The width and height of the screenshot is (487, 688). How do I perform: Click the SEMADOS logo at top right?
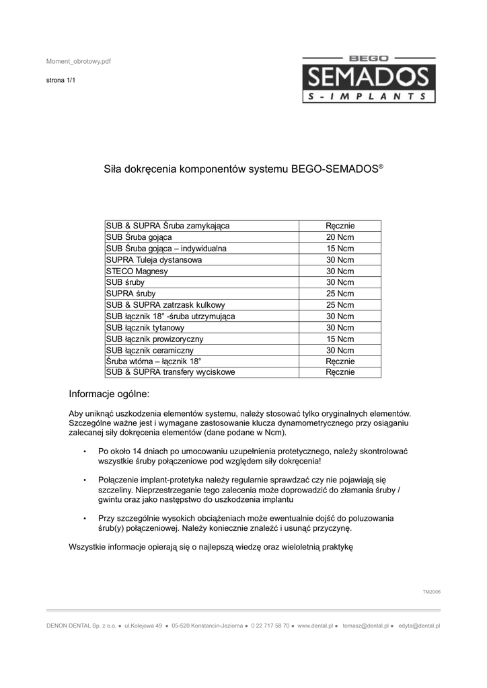click(367, 79)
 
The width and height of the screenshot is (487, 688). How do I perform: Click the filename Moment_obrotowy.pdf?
click(78, 61)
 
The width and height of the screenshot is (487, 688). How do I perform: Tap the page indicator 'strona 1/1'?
click(61, 80)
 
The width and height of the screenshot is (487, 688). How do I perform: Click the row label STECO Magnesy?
click(137, 271)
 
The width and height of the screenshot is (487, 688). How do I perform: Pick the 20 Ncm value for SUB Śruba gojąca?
click(340, 237)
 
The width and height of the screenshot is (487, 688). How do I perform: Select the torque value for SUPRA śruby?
click(340, 294)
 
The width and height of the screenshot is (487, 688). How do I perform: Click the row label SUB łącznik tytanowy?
click(145, 328)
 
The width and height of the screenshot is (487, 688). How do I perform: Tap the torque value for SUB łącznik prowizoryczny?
click(340, 339)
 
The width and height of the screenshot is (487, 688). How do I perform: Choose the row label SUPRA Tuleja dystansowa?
click(153, 260)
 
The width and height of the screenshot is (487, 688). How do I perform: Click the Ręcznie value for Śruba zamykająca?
click(340, 226)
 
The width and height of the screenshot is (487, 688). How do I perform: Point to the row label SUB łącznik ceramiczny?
click(149, 351)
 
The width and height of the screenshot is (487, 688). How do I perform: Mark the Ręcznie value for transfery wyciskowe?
click(340, 373)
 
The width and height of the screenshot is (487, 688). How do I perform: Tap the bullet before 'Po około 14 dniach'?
click(84, 451)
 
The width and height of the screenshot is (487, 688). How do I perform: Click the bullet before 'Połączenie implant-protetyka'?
click(84, 481)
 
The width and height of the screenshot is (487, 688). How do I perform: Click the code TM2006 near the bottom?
click(431, 592)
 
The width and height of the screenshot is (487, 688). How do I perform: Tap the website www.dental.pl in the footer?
click(315, 626)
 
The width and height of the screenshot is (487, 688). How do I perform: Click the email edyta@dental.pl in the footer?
click(419, 626)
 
